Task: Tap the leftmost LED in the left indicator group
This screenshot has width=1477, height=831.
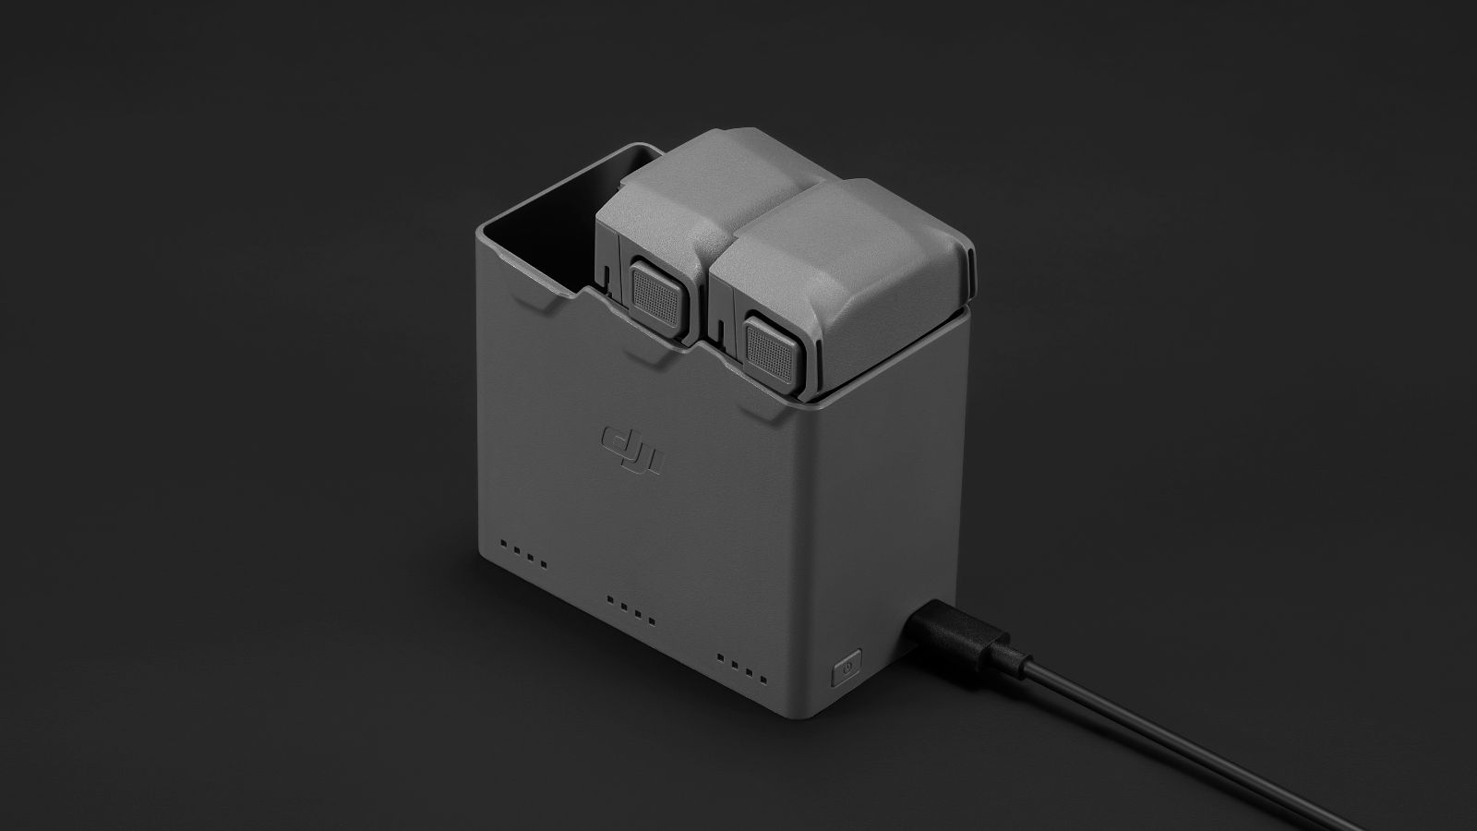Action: pos(504,544)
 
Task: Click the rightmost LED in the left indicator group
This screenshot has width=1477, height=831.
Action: pos(544,564)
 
